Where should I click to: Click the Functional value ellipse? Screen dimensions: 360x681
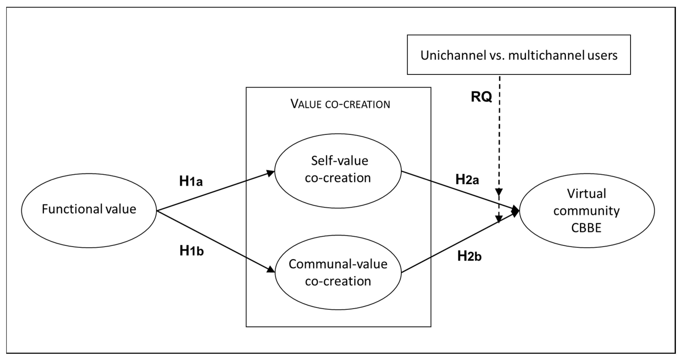pyautogui.click(x=89, y=210)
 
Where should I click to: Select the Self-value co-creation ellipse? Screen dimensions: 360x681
pyautogui.click(x=338, y=171)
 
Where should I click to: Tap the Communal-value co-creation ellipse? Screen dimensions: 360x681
pyautogui.click(x=338, y=272)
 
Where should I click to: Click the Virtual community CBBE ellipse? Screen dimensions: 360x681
pyautogui.click(x=587, y=210)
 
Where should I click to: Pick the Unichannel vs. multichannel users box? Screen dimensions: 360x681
pyautogui.click(x=519, y=55)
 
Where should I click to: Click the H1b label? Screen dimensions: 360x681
pyautogui.click(x=191, y=251)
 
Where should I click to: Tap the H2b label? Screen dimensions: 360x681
pyautogui.click(x=469, y=256)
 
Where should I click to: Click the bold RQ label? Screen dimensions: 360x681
pyautogui.click(x=481, y=97)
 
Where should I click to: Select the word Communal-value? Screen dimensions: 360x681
pyautogui.click(x=338, y=264)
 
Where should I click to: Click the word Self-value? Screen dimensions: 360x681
pyautogui.click(x=339, y=161)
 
